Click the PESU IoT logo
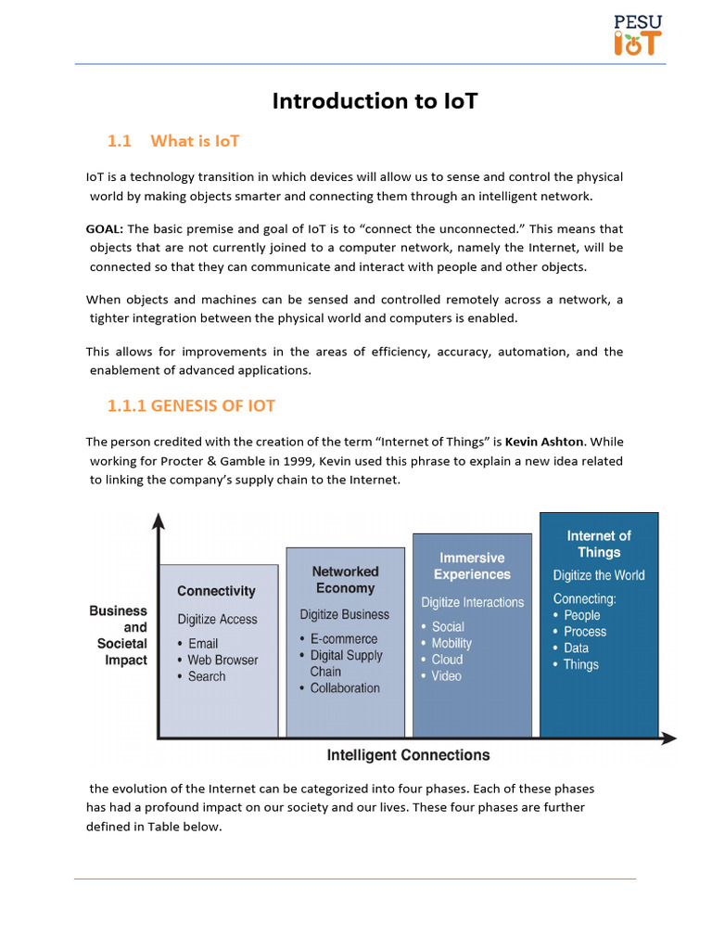[x=638, y=34]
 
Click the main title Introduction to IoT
[x=375, y=101]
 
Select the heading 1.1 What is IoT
[x=173, y=141]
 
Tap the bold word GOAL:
[x=105, y=229]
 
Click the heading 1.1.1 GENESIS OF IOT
[x=191, y=405]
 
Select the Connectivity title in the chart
[x=216, y=591]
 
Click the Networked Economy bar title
[x=345, y=580]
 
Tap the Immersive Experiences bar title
[x=472, y=566]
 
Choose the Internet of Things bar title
[x=599, y=544]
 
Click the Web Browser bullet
[x=222, y=660]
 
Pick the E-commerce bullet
[x=343, y=639]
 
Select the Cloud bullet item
[x=447, y=660]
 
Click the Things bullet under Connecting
[x=580, y=664]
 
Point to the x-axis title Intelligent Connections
[x=408, y=755]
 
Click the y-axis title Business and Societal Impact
[x=119, y=635]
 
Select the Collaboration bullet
[x=344, y=688]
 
